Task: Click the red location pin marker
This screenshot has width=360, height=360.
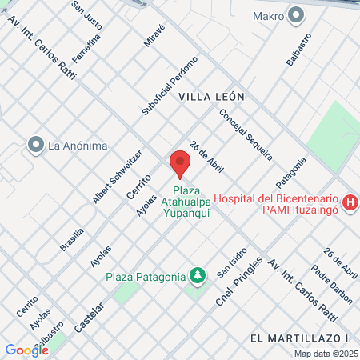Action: (180, 164)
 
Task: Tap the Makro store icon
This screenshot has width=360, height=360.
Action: (297, 14)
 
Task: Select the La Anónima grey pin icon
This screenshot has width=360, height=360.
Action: (35, 145)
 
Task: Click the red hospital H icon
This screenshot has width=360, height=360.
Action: (350, 204)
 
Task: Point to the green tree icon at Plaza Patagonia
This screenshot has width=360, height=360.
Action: (197, 276)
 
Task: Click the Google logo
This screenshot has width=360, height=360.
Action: (26, 350)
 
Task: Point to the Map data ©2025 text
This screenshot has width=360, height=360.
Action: (326, 353)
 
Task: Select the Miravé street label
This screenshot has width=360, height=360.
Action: (154, 34)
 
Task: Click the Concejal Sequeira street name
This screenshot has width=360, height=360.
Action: (246, 134)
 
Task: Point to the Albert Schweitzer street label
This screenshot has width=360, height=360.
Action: (118, 176)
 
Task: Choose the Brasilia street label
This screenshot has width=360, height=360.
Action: (73, 239)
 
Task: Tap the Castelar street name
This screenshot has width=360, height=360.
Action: (90, 306)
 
